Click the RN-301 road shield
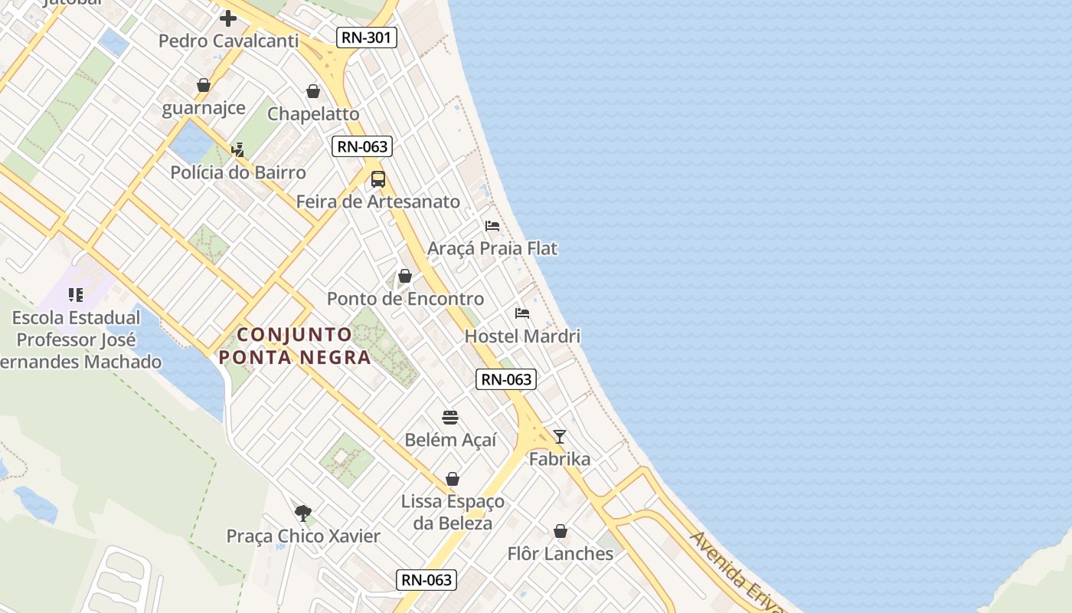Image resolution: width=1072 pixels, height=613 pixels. (x=367, y=37)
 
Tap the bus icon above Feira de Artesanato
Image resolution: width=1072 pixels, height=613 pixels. (x=378, y=179)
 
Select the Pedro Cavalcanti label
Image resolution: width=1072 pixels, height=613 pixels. (x=228, y=41)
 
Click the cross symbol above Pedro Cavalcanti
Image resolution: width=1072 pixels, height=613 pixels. (x=228, y=18)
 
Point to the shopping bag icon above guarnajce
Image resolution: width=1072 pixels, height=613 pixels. (x=204, y=85)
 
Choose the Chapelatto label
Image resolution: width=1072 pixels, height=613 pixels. (x=313, y=114)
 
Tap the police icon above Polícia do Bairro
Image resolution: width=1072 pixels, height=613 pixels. (x=238, y=149)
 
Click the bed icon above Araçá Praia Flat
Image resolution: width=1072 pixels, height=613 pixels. (x=492, y=226)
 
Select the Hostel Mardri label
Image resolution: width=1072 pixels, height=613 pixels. (x=522, y=336)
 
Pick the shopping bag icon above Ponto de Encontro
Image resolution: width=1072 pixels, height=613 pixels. (x=405, y=276)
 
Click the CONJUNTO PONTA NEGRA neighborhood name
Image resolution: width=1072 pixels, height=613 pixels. (x=295, y=346)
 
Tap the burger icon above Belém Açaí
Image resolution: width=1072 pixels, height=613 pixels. (x=450, y=418)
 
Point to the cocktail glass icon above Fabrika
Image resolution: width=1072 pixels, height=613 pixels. (x=560, y=437)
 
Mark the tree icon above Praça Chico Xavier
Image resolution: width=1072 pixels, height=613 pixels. (x=303, y=513)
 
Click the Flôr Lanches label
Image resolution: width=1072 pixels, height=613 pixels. (x=561, y=553)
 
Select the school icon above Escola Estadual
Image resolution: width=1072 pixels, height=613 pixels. (x=76, y=295)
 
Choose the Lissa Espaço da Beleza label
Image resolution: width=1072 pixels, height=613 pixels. (x=453, y=512)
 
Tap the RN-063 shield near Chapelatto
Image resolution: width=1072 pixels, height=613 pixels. (x=362, y=146)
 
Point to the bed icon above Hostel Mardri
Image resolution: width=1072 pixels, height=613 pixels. (x=522, y=313)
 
